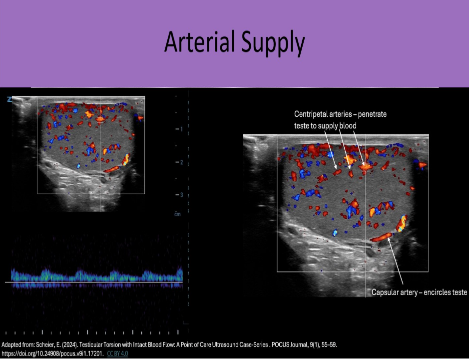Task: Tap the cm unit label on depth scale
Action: click(x=177, y=214)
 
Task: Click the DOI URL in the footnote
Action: click(x=52, y=354)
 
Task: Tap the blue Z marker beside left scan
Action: click(x=8, y=99)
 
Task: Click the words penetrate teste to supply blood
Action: click(x=325, y=126)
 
